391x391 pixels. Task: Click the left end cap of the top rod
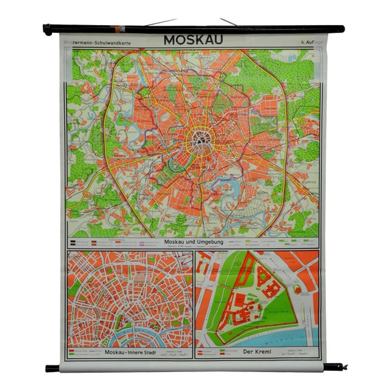(x=47, y=29)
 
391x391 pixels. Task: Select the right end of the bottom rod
(x=334, y=367)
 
